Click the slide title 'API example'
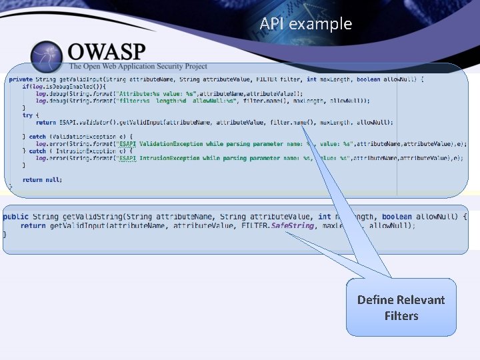pos(306,24)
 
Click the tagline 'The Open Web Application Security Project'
pos(138,67)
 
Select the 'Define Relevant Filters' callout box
pos(401,307)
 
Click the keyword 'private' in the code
pos(19,79)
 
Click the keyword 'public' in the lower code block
pos(15,217)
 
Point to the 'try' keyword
pos(27,115)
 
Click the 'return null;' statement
pos(42,179)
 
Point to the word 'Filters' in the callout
pos(401,315)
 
